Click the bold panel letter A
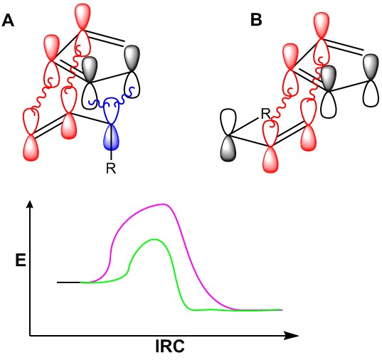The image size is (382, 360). click(x=8, y=20)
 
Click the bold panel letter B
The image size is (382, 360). click(x=256, y=20)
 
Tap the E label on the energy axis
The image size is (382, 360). click(x=21, y=260)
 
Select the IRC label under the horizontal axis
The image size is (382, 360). click(x=170, y=346)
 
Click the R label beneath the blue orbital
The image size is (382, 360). click(x=111, y=168)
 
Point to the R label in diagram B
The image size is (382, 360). click(x=266, y=114)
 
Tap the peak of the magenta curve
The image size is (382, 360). click(x=164, y=204)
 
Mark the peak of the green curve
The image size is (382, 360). click(x=154, y=239)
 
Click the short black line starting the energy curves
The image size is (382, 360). click(x=68, y=282)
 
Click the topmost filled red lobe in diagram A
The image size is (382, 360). click(x=83, y=16)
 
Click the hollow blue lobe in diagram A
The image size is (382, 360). click(x=111, y=111)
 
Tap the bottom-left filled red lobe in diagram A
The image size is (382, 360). click(x=31, y=148)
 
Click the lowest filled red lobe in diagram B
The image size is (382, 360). click(x=270, y=160)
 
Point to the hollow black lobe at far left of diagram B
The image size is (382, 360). click(x=228, y=122)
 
